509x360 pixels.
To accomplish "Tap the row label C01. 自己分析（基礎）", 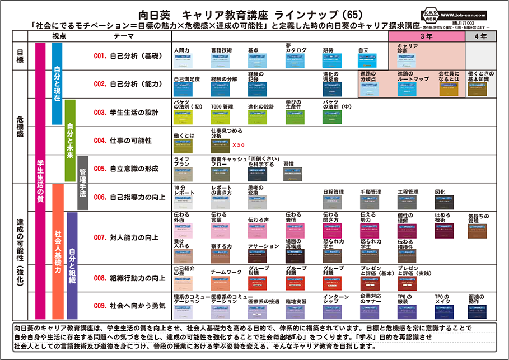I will (128, 56).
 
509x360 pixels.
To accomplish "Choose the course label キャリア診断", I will (407, 48).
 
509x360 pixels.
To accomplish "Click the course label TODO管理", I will (222, 106).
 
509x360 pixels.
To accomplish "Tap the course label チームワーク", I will (226, 272).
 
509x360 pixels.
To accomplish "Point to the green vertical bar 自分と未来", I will (69, 141).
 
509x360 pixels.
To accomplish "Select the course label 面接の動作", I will (475, 298).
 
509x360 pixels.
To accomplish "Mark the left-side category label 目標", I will (21, 56).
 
